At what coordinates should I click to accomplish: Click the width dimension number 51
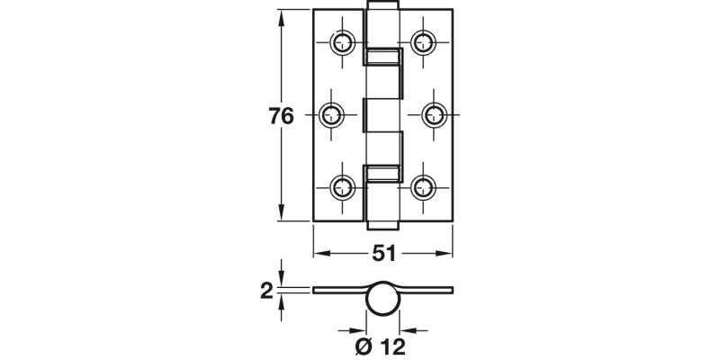click(383, 254)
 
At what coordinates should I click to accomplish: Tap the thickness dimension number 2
click(266, 290)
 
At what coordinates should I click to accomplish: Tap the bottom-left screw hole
click(343, 187)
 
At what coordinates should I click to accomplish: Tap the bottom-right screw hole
click(423, 187)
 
